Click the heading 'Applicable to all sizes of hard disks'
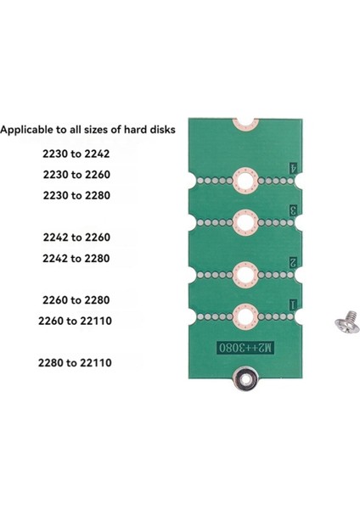(x=88, y=130)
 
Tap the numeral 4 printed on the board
(x=293, y=169)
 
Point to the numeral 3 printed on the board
(x=293, y=210)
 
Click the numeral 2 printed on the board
(x=293, y=262)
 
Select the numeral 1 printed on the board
(x=293, y=303)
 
